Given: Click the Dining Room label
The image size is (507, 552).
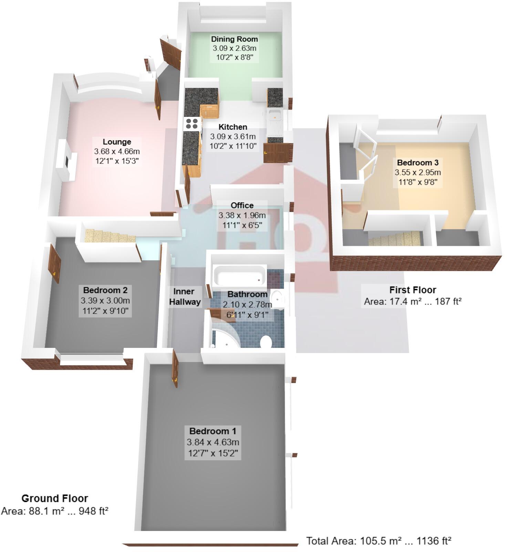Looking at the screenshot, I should coord(234,39).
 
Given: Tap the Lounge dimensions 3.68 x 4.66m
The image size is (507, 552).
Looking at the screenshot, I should coord(117,151).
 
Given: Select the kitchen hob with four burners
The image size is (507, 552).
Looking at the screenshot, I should coord(193,123).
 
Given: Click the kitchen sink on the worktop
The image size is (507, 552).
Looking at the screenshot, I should coord(275,116).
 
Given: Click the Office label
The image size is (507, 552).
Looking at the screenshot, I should coord(242,205).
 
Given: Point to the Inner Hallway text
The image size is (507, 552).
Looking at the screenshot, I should coord(185,297).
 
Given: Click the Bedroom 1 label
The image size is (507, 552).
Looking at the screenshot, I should coord(213,431).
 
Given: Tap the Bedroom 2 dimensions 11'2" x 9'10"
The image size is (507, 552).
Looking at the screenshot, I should coord(105,311).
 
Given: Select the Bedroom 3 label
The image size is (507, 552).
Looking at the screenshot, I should coord(417,162).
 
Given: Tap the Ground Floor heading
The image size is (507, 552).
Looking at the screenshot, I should coord(54,498).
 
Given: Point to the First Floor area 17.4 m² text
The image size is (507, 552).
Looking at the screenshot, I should coord(413,301).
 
